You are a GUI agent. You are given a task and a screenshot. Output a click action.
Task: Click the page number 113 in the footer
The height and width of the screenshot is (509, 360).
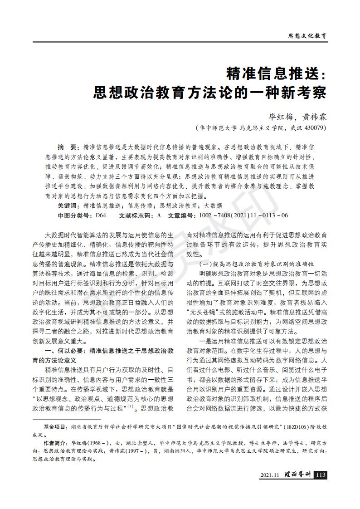tap(321, 475)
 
